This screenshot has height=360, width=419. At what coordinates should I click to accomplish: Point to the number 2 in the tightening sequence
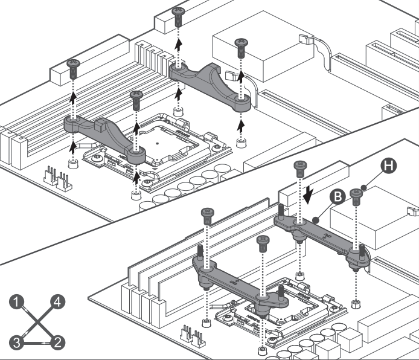[x=57, y=343]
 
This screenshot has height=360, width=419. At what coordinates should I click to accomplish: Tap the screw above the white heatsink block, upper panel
[x=240, y=44]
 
